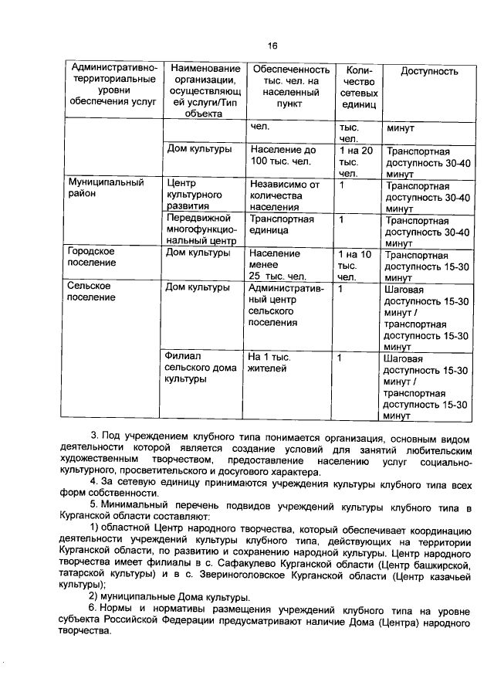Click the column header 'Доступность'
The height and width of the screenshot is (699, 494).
pos(429,72)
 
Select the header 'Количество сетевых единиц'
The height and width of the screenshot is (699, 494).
pos(359,87)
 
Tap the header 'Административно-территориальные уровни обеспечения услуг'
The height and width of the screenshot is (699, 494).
pos(113,86)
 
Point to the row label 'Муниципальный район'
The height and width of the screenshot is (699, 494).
pos(96,188)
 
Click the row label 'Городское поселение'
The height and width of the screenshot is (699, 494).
pos(91,257)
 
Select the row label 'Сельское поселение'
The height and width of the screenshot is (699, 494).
pos(89,293)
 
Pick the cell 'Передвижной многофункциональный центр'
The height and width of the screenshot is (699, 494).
pos(201,229)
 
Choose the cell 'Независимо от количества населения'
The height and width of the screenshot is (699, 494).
pos(283,195)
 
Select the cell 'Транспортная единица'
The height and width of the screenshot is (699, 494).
pos(281,224)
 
